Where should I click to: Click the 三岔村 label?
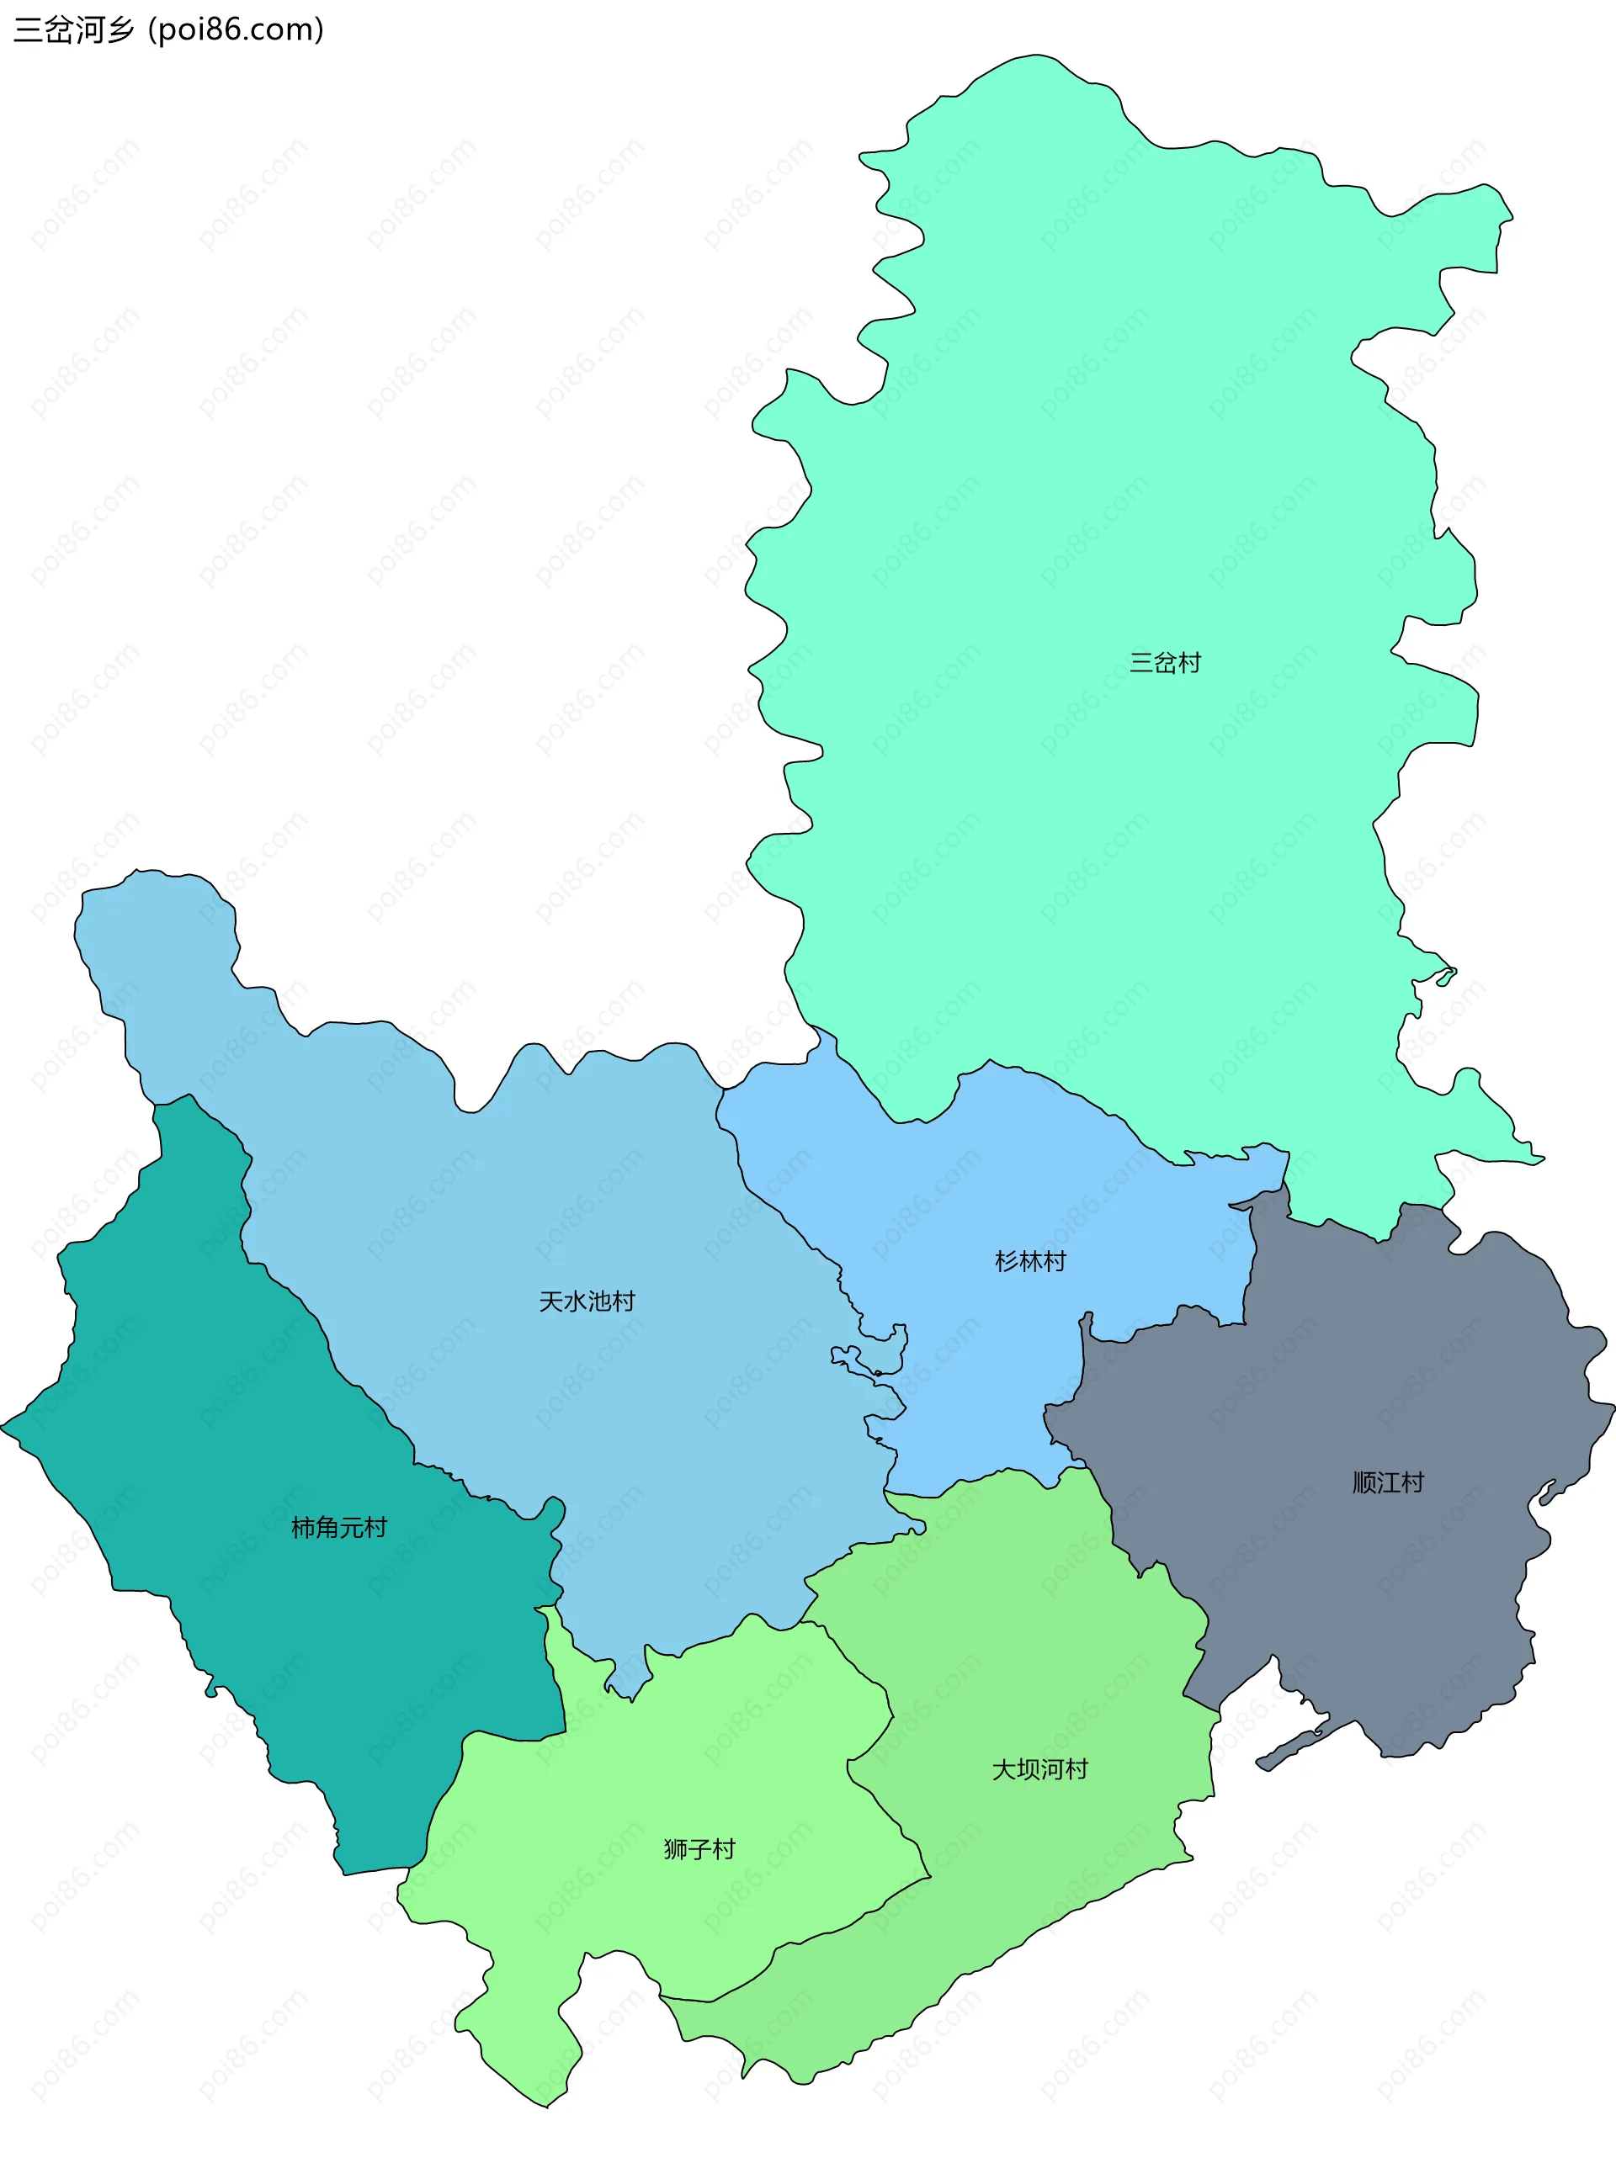tap(1164, 663)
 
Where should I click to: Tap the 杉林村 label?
tap(1030, 1261)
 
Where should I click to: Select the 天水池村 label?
tap(587, 1302)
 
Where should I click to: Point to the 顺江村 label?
tap(1388, 1482)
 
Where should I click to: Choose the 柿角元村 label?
tap(339, 1528)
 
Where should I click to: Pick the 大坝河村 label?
tap(1039, 1770)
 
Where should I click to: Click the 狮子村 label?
tap(699, 1849)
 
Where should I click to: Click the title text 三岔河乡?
tap(73, 30)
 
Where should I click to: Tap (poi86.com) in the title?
tap(236, 30)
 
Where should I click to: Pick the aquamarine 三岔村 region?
tap(1125, 440)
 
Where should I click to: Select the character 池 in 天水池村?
tap(598, 1302)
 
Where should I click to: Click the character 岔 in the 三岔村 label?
tap(1164, 663)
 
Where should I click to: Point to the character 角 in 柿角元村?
tap(327, 1528)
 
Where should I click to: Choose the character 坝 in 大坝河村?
tap(1029, 1770)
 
